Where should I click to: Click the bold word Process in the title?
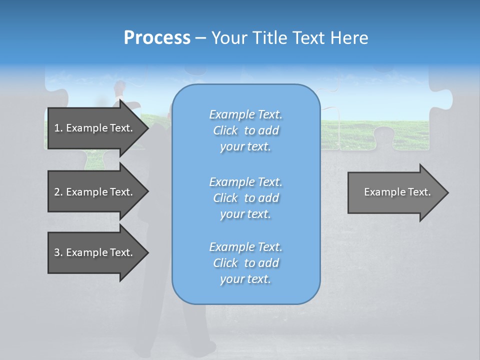pyautogui.click(x=157, y=38)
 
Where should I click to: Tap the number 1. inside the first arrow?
pyautogui.click(x=58, y=128)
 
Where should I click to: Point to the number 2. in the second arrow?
pyautogui.click(x=58, y=192)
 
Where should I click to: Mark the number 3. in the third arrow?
pyautogui.click(x=58, y=252)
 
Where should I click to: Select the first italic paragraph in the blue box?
pyautogui.click(x=245, y=130)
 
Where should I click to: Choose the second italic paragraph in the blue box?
pyautogui.click(x=245, y=197)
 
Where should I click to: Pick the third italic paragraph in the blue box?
pyautogui.click(x=245, y=263)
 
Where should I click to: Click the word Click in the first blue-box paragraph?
pyautogui.click(x=225, y=130)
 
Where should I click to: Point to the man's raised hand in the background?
pyautogui.click(x=118, y=87)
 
